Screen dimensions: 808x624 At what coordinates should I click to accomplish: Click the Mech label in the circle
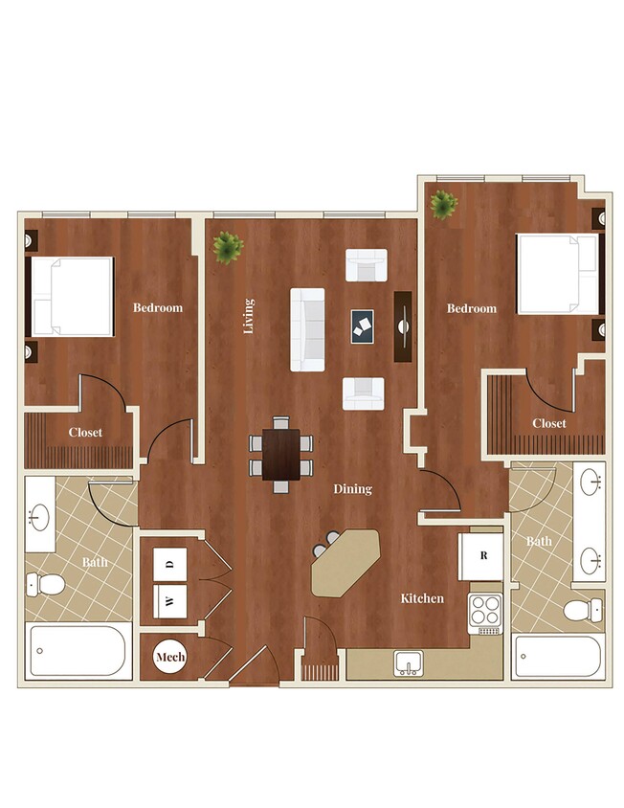(170, 657)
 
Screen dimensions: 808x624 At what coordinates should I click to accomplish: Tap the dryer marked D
(170, 565)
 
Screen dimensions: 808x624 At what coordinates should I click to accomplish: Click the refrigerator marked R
(483, 555)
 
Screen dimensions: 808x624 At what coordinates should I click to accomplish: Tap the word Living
(249, 316)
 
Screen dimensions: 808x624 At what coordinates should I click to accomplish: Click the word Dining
(352, 489)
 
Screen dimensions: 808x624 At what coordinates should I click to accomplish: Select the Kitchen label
(422, 598)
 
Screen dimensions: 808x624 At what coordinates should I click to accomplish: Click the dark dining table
(281, 453)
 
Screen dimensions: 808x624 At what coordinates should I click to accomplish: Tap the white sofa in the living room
(307, 329)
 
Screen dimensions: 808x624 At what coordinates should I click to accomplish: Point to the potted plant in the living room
(227, 249)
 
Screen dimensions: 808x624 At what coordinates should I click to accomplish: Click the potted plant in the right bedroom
(443, 204)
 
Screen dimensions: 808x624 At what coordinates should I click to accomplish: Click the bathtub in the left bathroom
(79, 651)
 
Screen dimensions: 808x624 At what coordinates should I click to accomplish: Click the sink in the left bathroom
(40, 517)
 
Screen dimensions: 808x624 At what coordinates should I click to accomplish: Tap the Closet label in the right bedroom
(549, 423)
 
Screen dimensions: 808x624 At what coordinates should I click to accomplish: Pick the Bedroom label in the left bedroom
(158, 307)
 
